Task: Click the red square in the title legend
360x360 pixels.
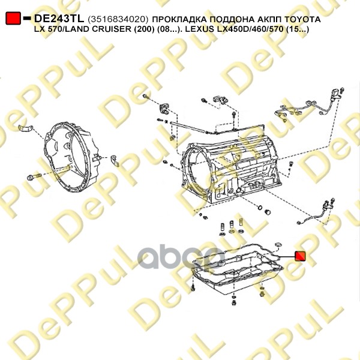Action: coord(13,19)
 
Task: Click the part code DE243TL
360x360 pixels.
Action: coord(59,19)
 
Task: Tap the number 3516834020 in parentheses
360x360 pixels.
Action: coord(118,20)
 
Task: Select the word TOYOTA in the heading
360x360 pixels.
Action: coord(302,19)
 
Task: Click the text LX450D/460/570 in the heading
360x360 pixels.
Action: coord(250,29)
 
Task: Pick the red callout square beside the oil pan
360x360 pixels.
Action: coord(300,256)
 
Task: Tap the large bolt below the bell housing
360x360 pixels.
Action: coord(34,178)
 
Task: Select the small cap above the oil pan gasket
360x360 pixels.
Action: coord(278,244)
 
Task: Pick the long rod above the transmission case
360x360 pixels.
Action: coord(188,128)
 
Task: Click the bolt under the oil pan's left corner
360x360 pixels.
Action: coord(194,287)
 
